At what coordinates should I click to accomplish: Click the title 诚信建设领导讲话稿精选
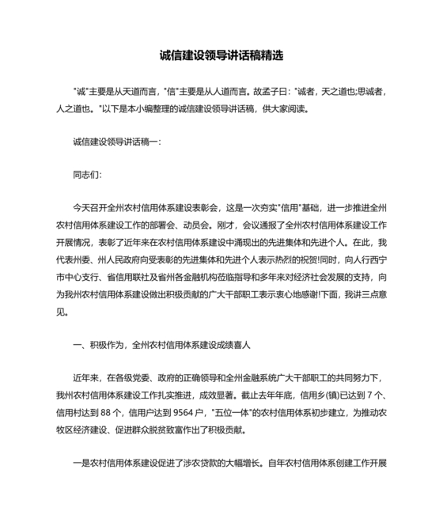coord(221,57)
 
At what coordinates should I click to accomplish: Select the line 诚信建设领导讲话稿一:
coord(115,142)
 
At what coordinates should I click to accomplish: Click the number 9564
coord(184,411)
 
